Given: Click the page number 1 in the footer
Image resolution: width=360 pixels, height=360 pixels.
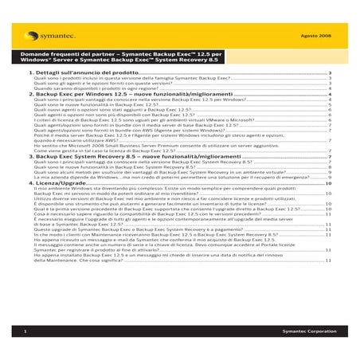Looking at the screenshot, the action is (27, 330).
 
